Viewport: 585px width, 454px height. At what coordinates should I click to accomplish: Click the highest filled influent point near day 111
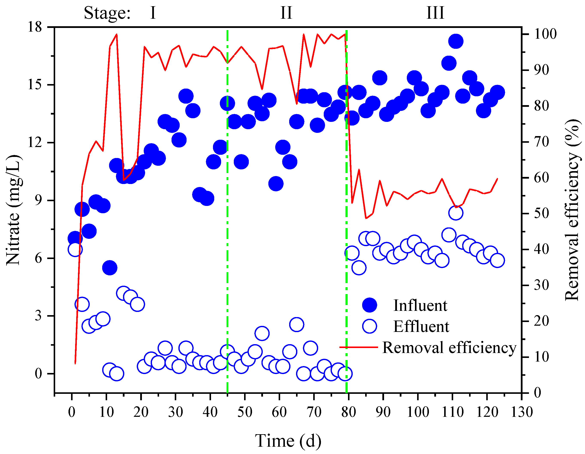(x=456, y=41)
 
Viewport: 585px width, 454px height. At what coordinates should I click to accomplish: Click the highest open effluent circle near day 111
(x=456, y=213)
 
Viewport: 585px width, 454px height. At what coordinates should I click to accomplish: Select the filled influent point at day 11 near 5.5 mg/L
(x=109, y=268)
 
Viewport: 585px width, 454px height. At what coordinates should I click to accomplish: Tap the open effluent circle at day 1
(x=75, y=249)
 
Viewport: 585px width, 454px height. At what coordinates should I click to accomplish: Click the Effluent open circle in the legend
(x=369, y=326)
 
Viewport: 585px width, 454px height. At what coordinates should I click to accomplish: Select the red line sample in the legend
(x=358, y=347)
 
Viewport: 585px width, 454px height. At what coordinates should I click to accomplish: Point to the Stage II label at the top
(x=286, y=13)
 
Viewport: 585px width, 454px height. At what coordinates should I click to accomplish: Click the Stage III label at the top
(x=435, y=13)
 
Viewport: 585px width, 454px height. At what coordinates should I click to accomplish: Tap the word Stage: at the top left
(x=107, y=13)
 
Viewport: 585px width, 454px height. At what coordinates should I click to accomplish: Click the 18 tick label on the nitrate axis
(x=35, y=27)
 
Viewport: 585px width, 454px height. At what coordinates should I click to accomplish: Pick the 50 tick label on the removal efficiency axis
(x=541, y=213)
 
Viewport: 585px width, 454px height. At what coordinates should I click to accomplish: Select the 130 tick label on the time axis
(x=521, y=412)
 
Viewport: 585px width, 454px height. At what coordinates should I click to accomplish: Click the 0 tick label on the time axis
(x=71, y=412)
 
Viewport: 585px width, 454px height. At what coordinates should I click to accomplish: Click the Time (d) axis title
(x=288, y=441)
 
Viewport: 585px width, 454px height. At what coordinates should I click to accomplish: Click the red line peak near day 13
(x=117, y=34)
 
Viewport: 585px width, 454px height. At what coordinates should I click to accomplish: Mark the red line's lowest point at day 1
(x=75, y=363)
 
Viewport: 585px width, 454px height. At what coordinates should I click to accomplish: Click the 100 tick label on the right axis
(x=545, y=34)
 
